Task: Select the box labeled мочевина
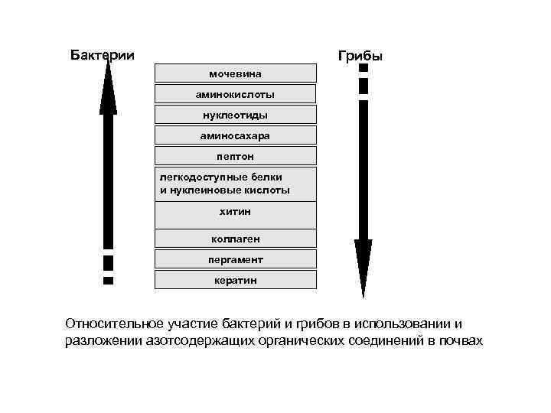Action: coord(236,73)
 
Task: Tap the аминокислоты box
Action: coord(236,94)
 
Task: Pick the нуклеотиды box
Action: coord(236,115)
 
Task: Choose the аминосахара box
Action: coord(236,135)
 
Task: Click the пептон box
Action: coord(236,156)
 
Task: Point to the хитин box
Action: coord(236,211)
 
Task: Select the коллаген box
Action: coord(236,239)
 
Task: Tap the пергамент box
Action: coord(236,259)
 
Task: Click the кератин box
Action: coord(236,280)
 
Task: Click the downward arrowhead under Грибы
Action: coord(364,268)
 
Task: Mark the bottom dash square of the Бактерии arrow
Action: coord(109,281)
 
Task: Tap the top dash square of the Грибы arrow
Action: coord(364,68)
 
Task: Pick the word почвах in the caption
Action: coord(461,340)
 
